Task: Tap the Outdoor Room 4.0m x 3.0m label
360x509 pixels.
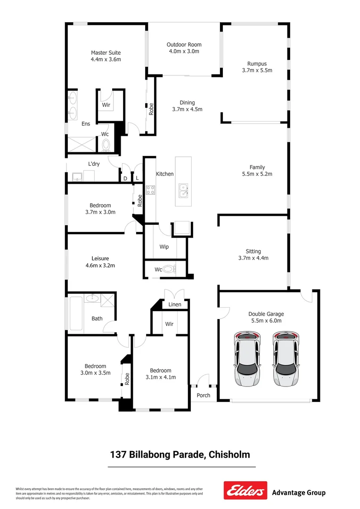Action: tap(183, 48)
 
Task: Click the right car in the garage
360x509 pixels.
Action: tap(286, 359)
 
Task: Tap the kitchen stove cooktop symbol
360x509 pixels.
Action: tap(151, 190)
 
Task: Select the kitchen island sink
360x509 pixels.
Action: tap(183, 191)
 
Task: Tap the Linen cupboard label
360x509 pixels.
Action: tap(175, 305)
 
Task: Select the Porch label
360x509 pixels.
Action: tap(204, 395)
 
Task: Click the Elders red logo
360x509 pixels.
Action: tap(245, 491)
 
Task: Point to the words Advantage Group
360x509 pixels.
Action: tap(299, 493)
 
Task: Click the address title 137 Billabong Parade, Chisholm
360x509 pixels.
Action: tap(180, 455)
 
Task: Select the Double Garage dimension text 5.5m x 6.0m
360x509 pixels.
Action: tap(266, 320)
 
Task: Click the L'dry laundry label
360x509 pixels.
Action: tap(92, 164)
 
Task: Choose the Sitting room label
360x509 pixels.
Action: tap(253, 251)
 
